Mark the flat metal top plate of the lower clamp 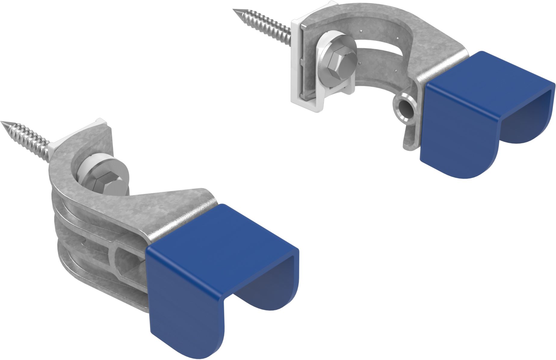pyautogui.click(x=168, y=211)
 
